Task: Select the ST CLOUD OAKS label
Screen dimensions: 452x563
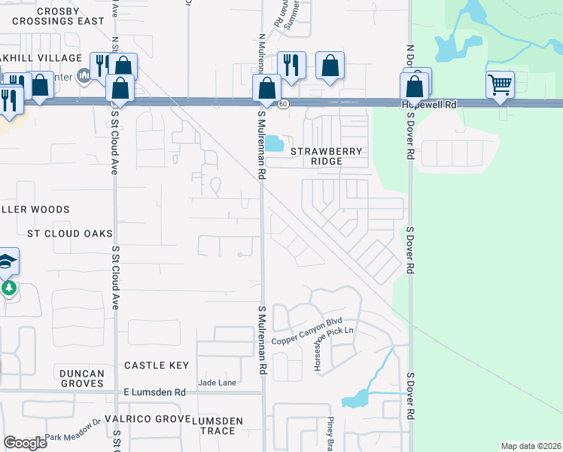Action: coord(69,234)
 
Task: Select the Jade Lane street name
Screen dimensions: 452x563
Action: coord(217,383)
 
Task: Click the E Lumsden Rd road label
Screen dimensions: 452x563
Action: coord(154,392)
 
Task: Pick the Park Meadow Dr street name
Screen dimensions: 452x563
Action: coord(72,430)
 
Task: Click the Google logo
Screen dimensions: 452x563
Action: coord(25,443)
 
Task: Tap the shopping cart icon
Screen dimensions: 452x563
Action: coord(500,84)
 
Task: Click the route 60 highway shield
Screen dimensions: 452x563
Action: coord(282,104)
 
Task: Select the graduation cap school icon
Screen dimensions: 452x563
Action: coord(7,261)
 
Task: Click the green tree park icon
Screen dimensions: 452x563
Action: coord(8,288)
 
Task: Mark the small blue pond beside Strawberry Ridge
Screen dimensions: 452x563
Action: coord(273,143)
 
